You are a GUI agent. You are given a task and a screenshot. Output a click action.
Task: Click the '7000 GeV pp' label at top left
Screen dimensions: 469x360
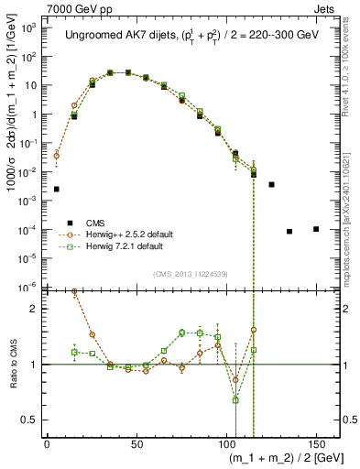38,7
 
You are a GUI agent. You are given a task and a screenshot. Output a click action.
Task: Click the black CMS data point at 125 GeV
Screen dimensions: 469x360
271,184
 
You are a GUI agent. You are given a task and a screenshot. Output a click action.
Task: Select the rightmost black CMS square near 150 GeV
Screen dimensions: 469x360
316,229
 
